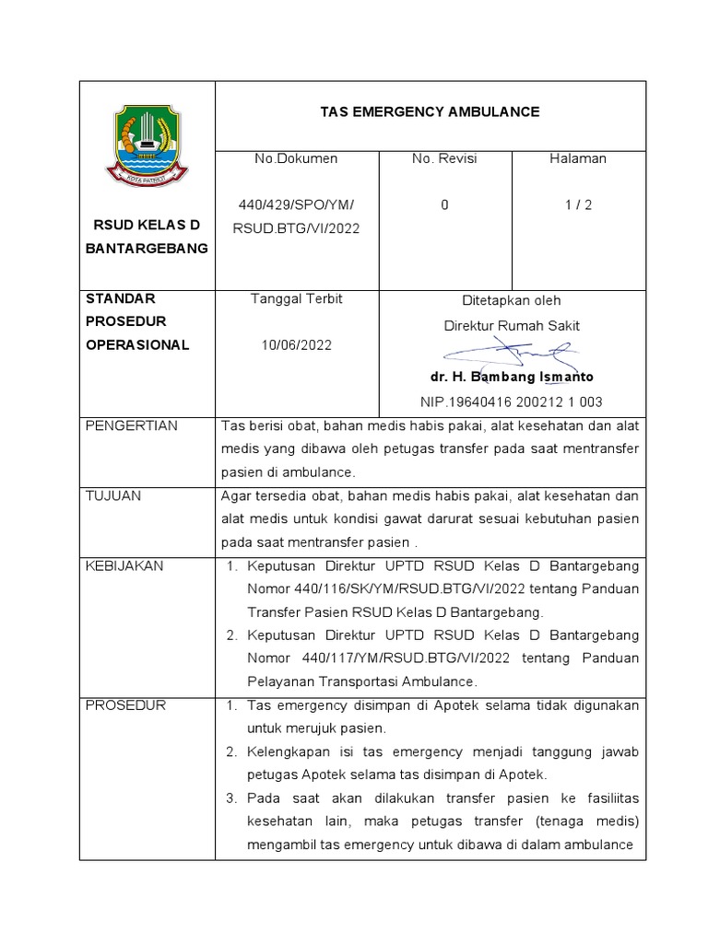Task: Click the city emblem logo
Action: click(x=147, y=146)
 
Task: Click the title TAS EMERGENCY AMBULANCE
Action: click(x=429, y=111)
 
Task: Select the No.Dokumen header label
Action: click(x=296, y=158)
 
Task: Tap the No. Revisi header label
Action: click(x=444, y=158)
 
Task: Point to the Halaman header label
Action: click(x=578, y=158)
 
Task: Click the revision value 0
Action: click(x=444, y=205)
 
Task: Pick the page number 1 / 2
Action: click(x=578, y=205)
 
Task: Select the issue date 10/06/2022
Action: click(x=296, y=345)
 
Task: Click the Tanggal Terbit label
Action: click(x=296, y=299)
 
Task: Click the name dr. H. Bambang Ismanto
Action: click(x=512, y=378)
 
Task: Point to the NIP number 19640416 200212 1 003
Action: click(x=512, y=402)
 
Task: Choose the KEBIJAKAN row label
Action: click(x=124, y=565)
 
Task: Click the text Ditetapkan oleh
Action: click(x=511, y=300)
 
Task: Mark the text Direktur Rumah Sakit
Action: click(x=512, y=325)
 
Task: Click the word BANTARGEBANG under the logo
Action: click(x=147, y=249)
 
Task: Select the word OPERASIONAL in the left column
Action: click(x=136, y=345)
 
